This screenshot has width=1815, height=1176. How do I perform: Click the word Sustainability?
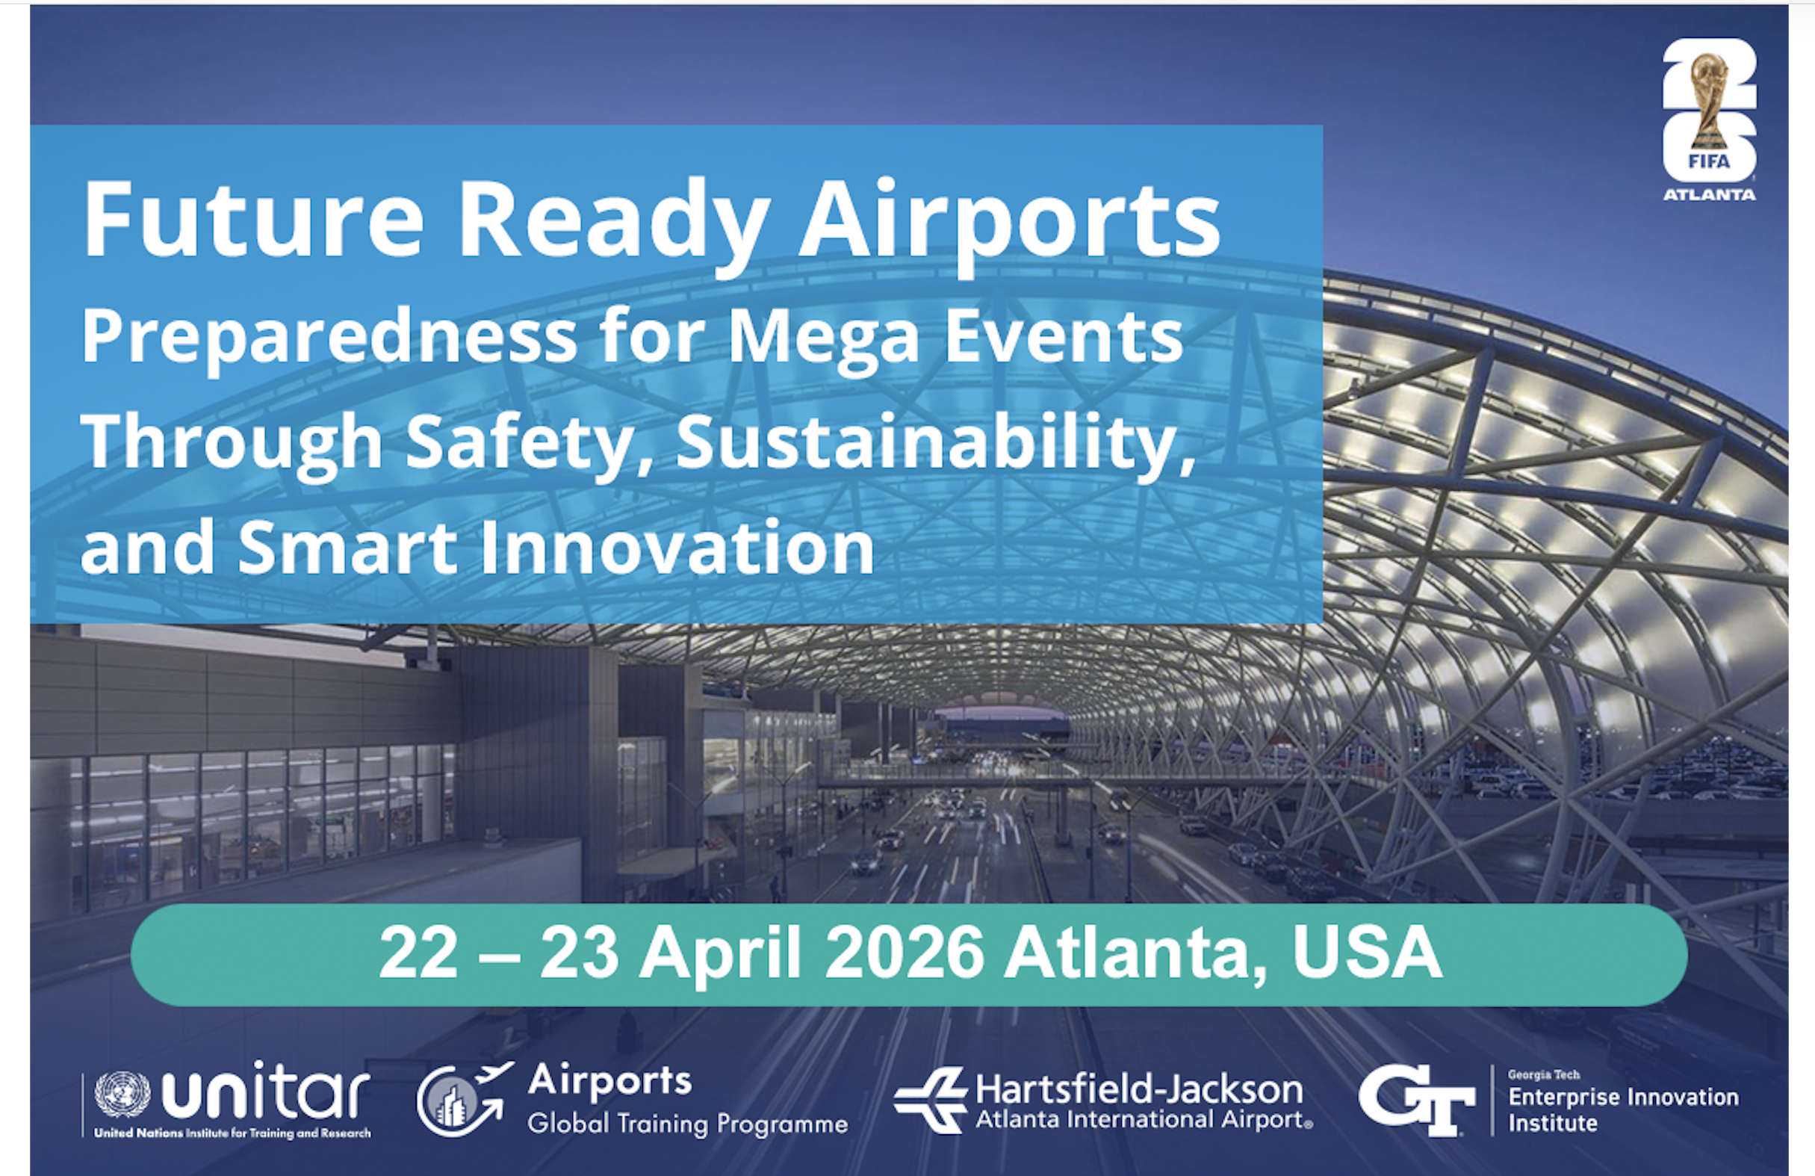(935, 442)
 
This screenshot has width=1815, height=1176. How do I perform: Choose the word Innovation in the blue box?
(677, 547)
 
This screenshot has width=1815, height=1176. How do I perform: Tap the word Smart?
(348, 547)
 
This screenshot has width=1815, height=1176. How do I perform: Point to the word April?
(721, 956)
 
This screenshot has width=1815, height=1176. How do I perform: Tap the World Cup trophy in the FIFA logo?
(1708, 102)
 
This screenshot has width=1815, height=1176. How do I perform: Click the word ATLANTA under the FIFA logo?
(1709, 195)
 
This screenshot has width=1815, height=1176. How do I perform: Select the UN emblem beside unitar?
(122, 1095)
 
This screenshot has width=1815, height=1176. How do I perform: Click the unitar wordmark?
(266, 1089)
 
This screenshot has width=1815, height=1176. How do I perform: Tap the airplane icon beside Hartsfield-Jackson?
(931, 1099)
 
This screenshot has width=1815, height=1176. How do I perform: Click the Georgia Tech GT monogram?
(1416, 1100)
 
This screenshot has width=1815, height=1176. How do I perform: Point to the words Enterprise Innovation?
(1623, 1098)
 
